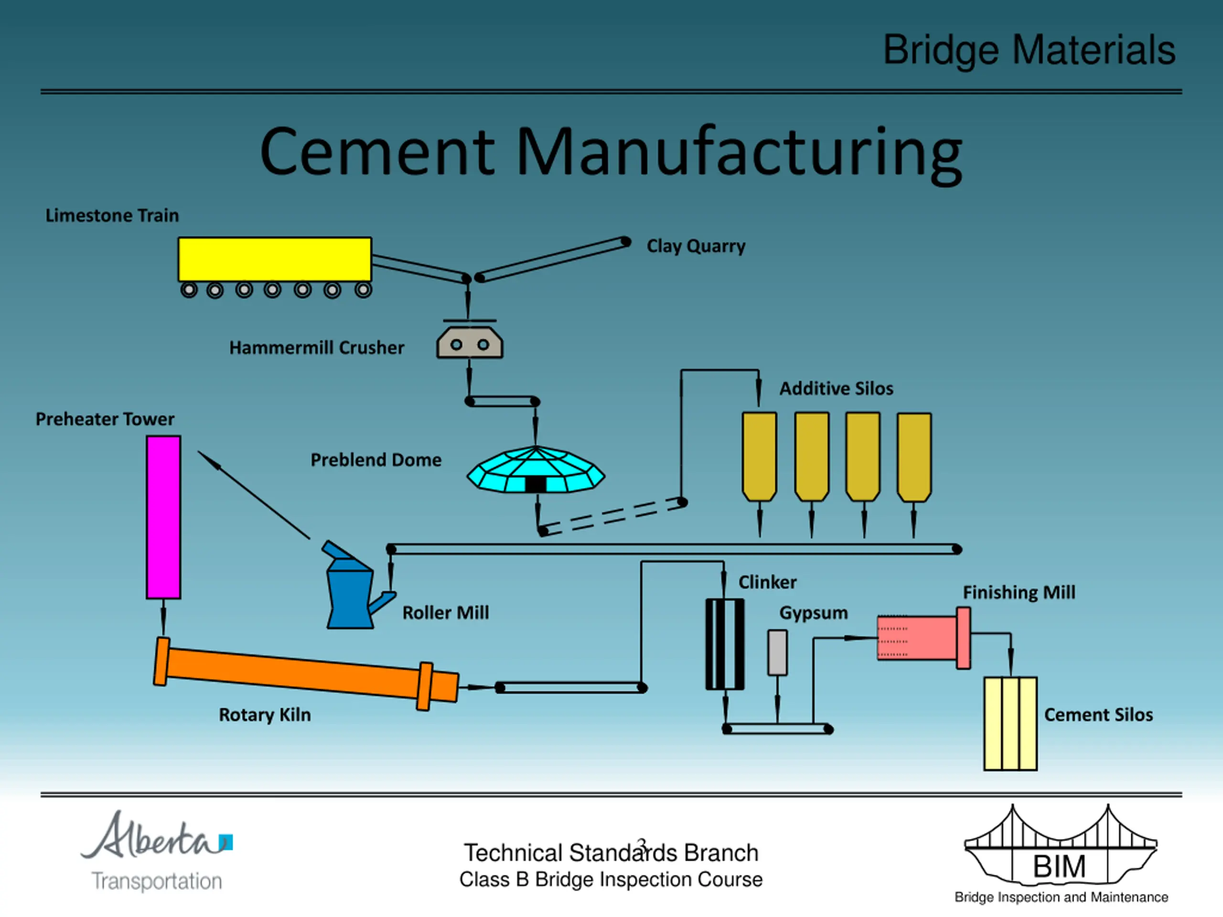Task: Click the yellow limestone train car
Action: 274,259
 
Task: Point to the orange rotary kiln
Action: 306,674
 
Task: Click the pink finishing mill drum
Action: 923,638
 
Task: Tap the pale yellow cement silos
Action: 1010,724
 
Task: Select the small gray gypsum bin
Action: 777,653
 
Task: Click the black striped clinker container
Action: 725,644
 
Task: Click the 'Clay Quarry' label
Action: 696,246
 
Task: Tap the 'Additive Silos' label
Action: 837,389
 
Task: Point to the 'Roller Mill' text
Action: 446,612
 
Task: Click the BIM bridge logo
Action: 1061,853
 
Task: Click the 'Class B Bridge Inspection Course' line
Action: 611,879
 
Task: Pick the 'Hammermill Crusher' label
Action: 317,348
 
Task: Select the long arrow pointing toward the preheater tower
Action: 254,495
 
